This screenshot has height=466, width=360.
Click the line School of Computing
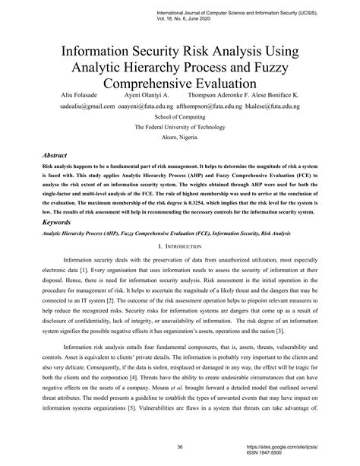click(179, 119)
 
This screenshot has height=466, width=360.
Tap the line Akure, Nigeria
click(179, 139)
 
